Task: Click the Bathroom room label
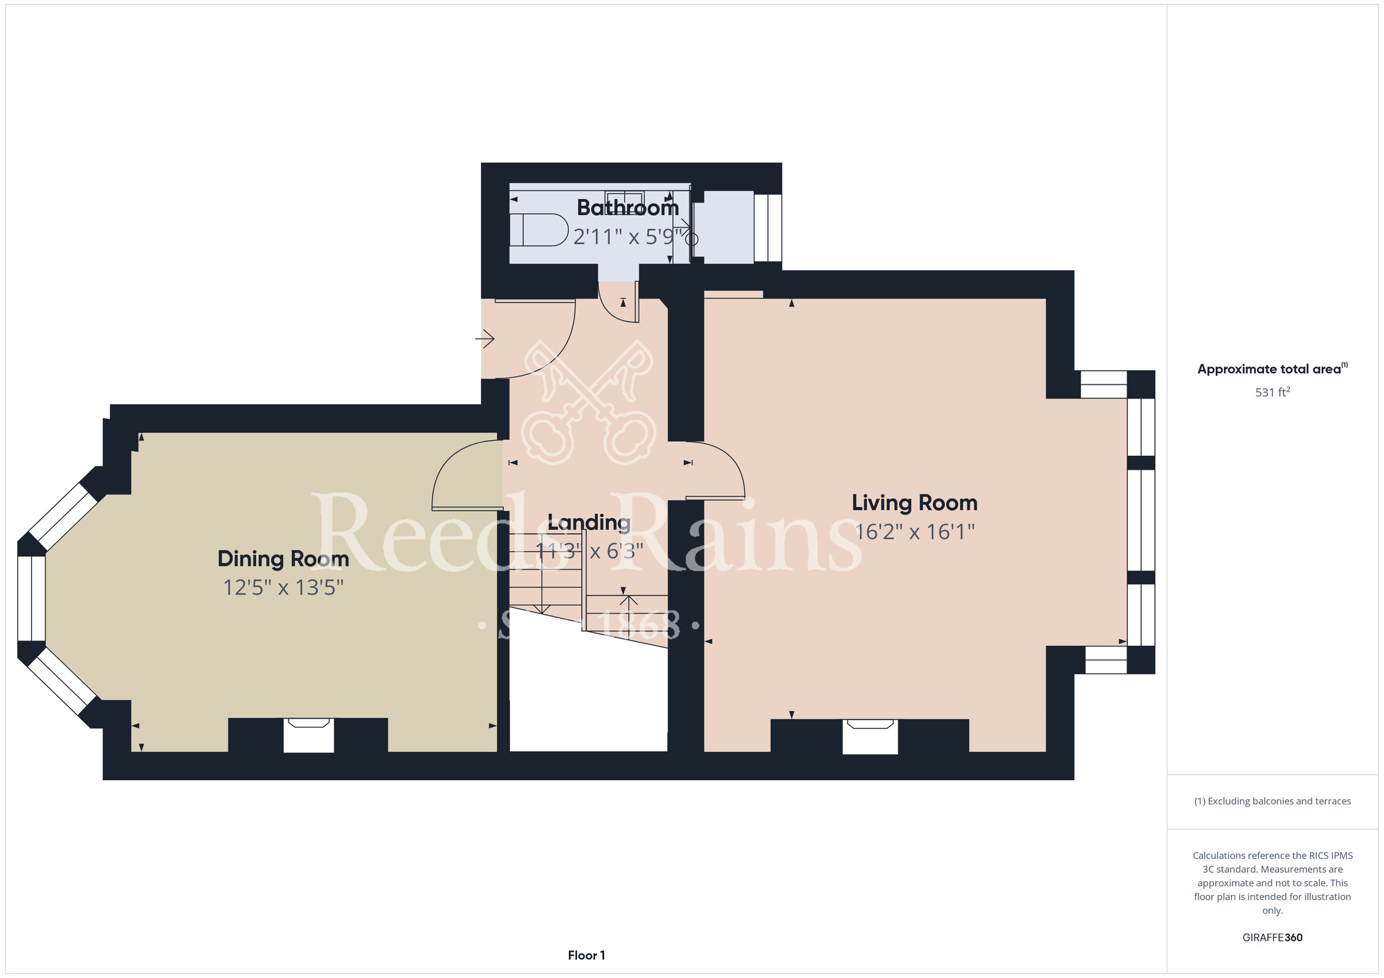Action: click(x=628, y=207)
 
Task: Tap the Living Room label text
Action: click(x=914, y=503)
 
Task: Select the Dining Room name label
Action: click(x=283, y=559)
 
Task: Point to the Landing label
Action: click(x=589, y=523)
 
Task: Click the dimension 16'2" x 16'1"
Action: click(x=914, y=532)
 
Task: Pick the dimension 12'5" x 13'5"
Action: click(x=283, y=588)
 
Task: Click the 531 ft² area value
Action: click(x=1273, y=392)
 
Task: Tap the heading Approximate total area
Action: click(x=1273, y=369)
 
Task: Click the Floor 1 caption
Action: click(x=586, y=955)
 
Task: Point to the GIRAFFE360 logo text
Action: click(x=1273, y=938)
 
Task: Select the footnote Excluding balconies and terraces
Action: click(x=1273, y=801)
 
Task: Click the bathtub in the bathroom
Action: click(x=538, y=230)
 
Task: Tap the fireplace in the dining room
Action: click(x=309, y=735)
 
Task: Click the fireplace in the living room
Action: click(x=870, y=737)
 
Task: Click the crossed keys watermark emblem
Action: click(x=589, y=401)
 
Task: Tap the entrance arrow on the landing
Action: click(x=484, y=339)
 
